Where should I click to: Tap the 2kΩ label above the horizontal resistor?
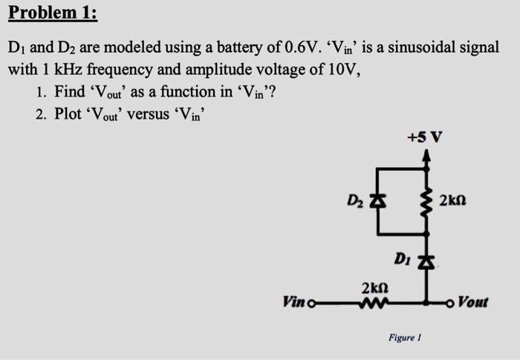tap(374, 287)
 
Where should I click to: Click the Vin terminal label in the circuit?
tap(293, 301)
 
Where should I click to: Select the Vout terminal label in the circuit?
tap(473, 301)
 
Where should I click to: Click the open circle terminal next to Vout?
tap(452, 301)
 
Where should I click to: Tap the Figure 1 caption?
tap(405, 337)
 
